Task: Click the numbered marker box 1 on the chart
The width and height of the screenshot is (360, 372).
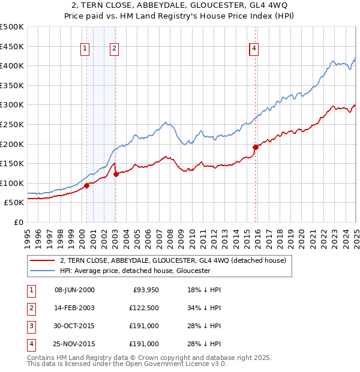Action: tap(85, 49)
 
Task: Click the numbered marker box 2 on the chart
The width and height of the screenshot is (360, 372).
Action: tap(113, 49)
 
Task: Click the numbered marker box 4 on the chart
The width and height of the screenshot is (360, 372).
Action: tap(254, 49)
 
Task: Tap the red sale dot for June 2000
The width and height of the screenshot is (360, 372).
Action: tap(86, 185)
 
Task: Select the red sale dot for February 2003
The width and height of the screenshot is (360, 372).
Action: tap(116, 174)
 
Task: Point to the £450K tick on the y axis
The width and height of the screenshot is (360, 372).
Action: tap(12, 46)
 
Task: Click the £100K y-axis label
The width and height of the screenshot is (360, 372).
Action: tap(12, 183)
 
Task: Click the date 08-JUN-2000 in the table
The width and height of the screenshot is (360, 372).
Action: tap(74, 290)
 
